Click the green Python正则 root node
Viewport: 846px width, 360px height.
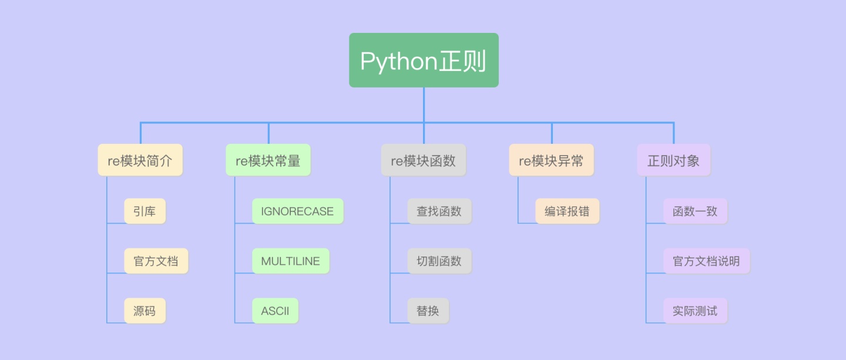click(x=424, y=60)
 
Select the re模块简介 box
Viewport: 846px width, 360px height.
click(x=140, y=160)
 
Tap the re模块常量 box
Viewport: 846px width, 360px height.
click(x=268, y=160)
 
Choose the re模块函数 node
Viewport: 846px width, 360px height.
click(x=423, y=160)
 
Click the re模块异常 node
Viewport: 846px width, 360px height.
click(x=551, y=160)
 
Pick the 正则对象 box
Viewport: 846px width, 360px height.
click(x=673, y=160)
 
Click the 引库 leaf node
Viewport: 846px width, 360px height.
click(x=145, y=211)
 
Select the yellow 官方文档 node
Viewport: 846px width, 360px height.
click(x=156, y=261)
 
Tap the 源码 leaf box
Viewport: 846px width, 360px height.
click(x=145, y=311)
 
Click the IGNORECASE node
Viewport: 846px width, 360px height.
click(x=297, y=211)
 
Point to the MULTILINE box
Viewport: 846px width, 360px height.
click(x=290, y=261)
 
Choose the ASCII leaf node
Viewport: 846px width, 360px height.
click(x=275, y=311)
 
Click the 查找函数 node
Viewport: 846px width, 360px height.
click(x=439, y=211)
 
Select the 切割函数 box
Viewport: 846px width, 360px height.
click(x=439, y=261)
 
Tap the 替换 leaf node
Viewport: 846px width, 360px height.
click(x=428, y=311)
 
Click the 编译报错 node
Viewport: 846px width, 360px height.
click(x=567, y=211)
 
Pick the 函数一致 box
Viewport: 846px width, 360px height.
click(x=695, y=211)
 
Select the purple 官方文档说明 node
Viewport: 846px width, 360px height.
click(x=706, y=261)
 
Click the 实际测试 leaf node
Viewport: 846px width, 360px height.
click(x=695, y=311)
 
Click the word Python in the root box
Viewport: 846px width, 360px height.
click(x=398, y=61)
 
